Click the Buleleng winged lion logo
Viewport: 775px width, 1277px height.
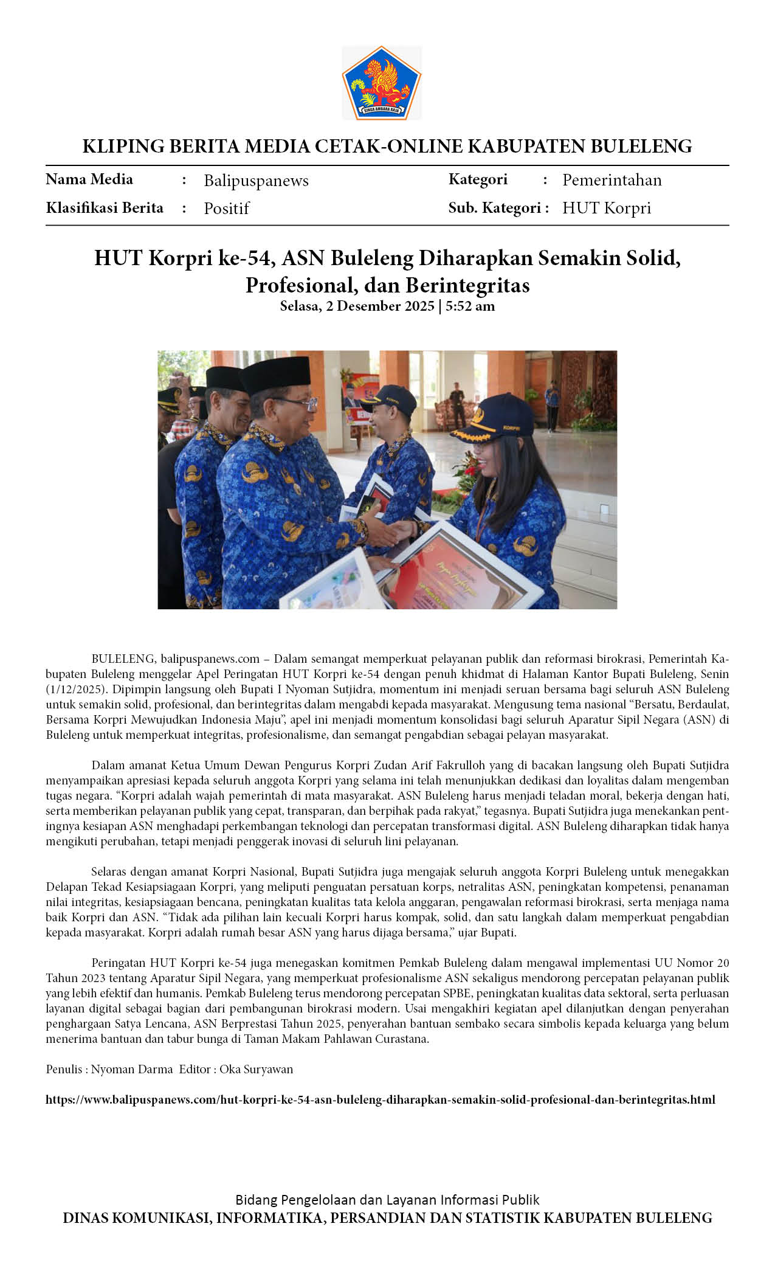click(382, 83)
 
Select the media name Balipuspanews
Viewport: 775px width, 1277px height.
click(256, 181)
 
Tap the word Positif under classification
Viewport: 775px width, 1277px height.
click(226, 209)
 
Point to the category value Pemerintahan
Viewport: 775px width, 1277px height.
click(611, 180)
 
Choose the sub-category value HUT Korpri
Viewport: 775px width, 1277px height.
click(606, 208)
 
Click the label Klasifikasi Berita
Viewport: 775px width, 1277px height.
click(105, 208)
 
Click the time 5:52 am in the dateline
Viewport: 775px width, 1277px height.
click(470, 306)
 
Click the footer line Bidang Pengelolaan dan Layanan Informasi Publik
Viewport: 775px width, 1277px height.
click(387, 1200)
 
